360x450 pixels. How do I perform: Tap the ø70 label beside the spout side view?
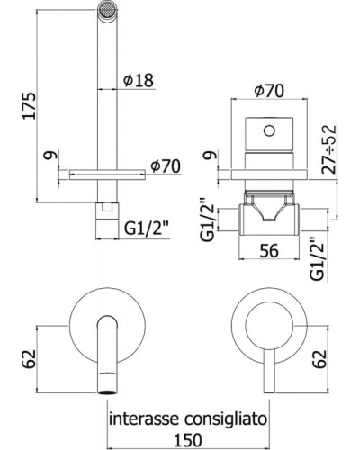[167, 165]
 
